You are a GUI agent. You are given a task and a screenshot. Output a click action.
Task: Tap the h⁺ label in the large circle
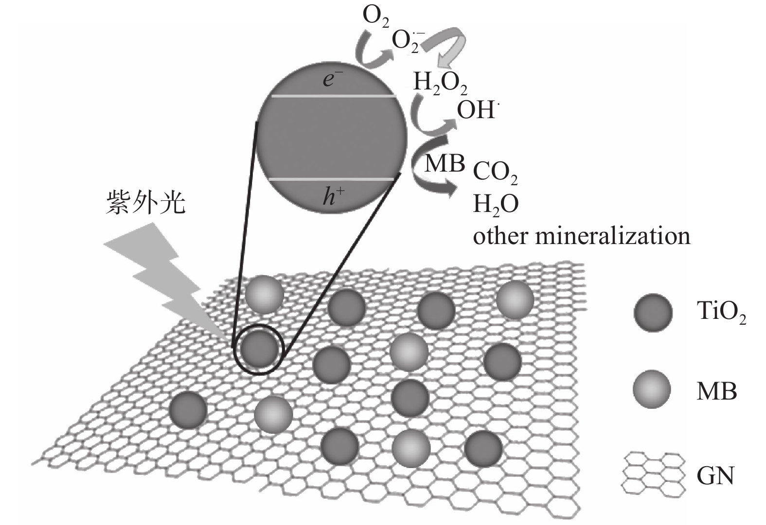pyautogui.click(x=334, y=196)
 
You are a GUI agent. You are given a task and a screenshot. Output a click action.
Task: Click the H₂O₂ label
pyautogui.click(x=440, y=83)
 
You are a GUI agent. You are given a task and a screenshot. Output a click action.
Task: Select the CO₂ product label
pyautogui.click(x=495, y=173)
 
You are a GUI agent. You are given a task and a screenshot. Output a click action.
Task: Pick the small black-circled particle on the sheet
pyautogui.click(x=259, y=349)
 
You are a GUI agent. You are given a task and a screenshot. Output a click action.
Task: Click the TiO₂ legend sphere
pyautogui.click(x=653, y=312)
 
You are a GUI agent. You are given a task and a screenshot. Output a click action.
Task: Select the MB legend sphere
pyautogui.click(x=652, y=389)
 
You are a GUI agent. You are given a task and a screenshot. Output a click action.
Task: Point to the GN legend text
pyautogui.click(x=715, y=475)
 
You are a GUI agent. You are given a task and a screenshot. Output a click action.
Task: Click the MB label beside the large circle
pyautogui.click(x=445, y=163)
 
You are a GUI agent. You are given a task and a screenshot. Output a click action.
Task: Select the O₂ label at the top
pyautogui.click(x=375, y=17)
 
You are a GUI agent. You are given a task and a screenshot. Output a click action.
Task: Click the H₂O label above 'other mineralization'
pyautogui.click(x=496, y=205)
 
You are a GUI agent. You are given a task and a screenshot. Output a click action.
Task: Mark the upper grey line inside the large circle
pyautogui.click(x=333, y=96)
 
